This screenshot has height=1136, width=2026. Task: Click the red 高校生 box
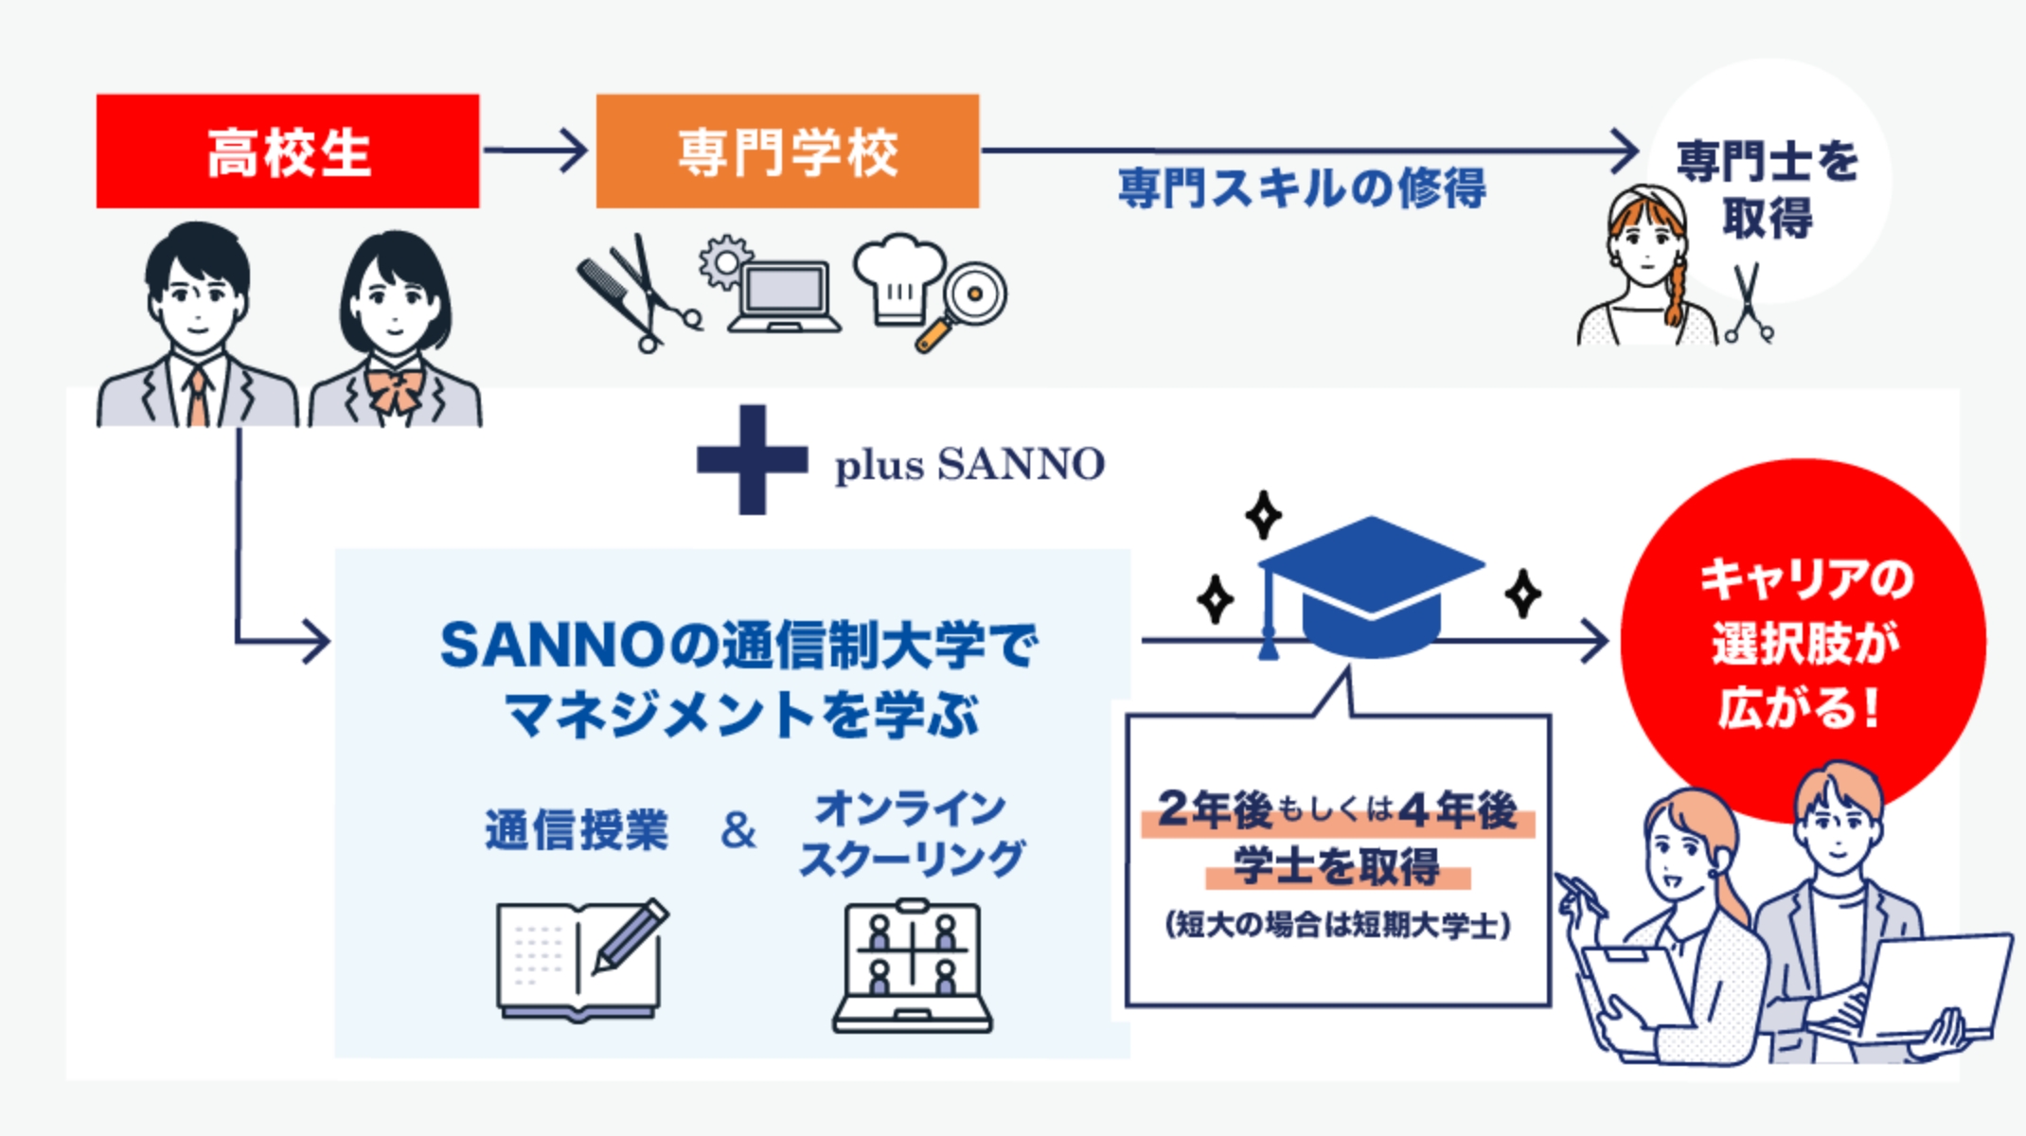[287, 151]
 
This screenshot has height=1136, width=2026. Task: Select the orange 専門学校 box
[787, 151]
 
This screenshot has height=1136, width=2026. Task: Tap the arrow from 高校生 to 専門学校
[536, 151]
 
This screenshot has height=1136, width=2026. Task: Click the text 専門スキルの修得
[1302, 187]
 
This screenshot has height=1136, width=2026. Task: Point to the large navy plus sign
[753, 460]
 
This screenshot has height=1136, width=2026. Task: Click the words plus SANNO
[969, 465]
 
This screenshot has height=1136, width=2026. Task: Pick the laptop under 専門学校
[784, 295]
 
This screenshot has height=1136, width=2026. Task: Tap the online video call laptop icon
[912, 966]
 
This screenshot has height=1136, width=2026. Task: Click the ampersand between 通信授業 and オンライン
[738, 830]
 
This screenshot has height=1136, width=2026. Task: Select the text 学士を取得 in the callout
[1337, 865]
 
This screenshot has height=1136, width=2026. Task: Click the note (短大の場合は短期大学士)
[1337, 924]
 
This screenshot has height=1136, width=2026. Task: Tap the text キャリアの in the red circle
[1805, 578]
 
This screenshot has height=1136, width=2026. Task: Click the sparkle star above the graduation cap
[1263, 515]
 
